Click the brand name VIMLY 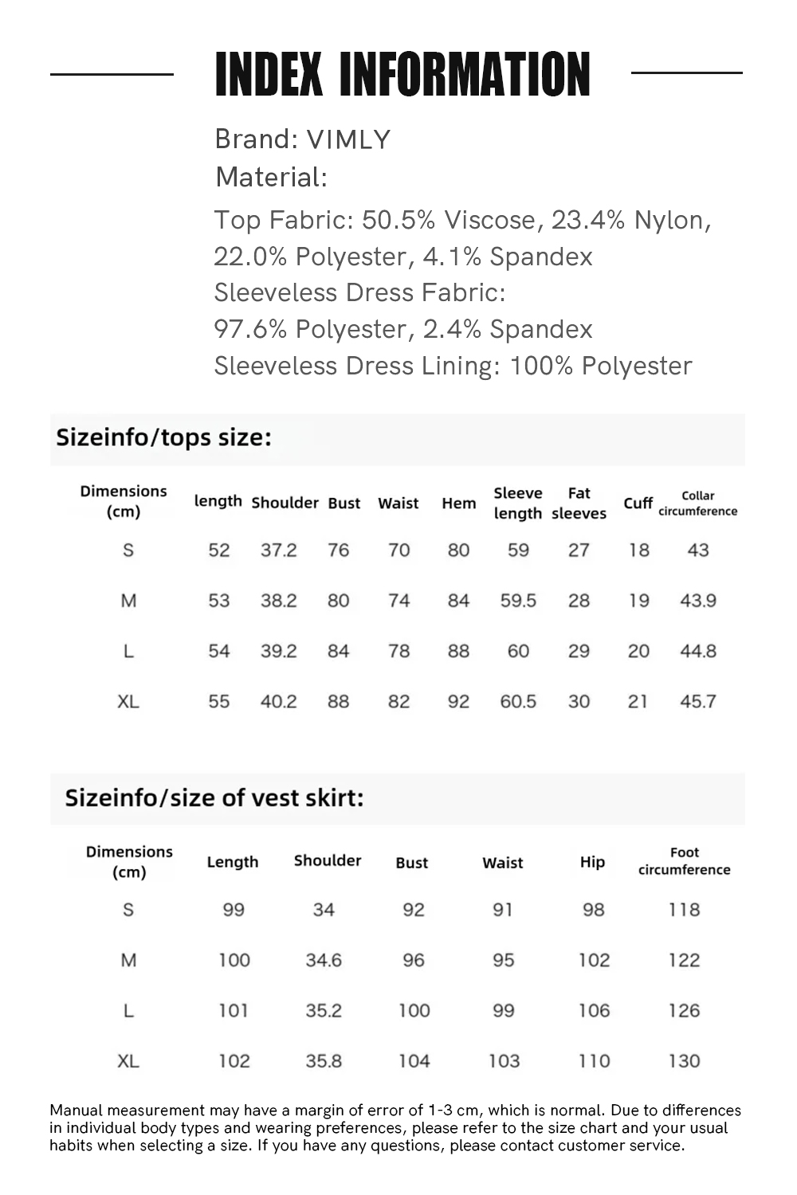click(348, 140)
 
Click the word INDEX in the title click(269, 75)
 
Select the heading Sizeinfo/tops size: click(163, 437)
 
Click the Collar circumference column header click(697, 503)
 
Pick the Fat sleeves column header click(579, 503)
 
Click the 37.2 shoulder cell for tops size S click(278, 550)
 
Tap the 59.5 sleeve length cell click(518, 601)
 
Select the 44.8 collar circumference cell click(697, 652)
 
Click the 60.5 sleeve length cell click(518, 702)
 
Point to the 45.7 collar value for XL click(697, 702)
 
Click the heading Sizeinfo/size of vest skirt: click(214, 797)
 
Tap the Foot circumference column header click(684, 861)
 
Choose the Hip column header click(592, 862)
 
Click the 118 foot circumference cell click(684, 910)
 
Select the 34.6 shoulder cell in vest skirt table click(324, 960)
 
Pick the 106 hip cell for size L click(594, 1011)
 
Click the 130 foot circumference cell click(684, 1061)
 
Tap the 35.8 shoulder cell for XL click(324, 1061)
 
